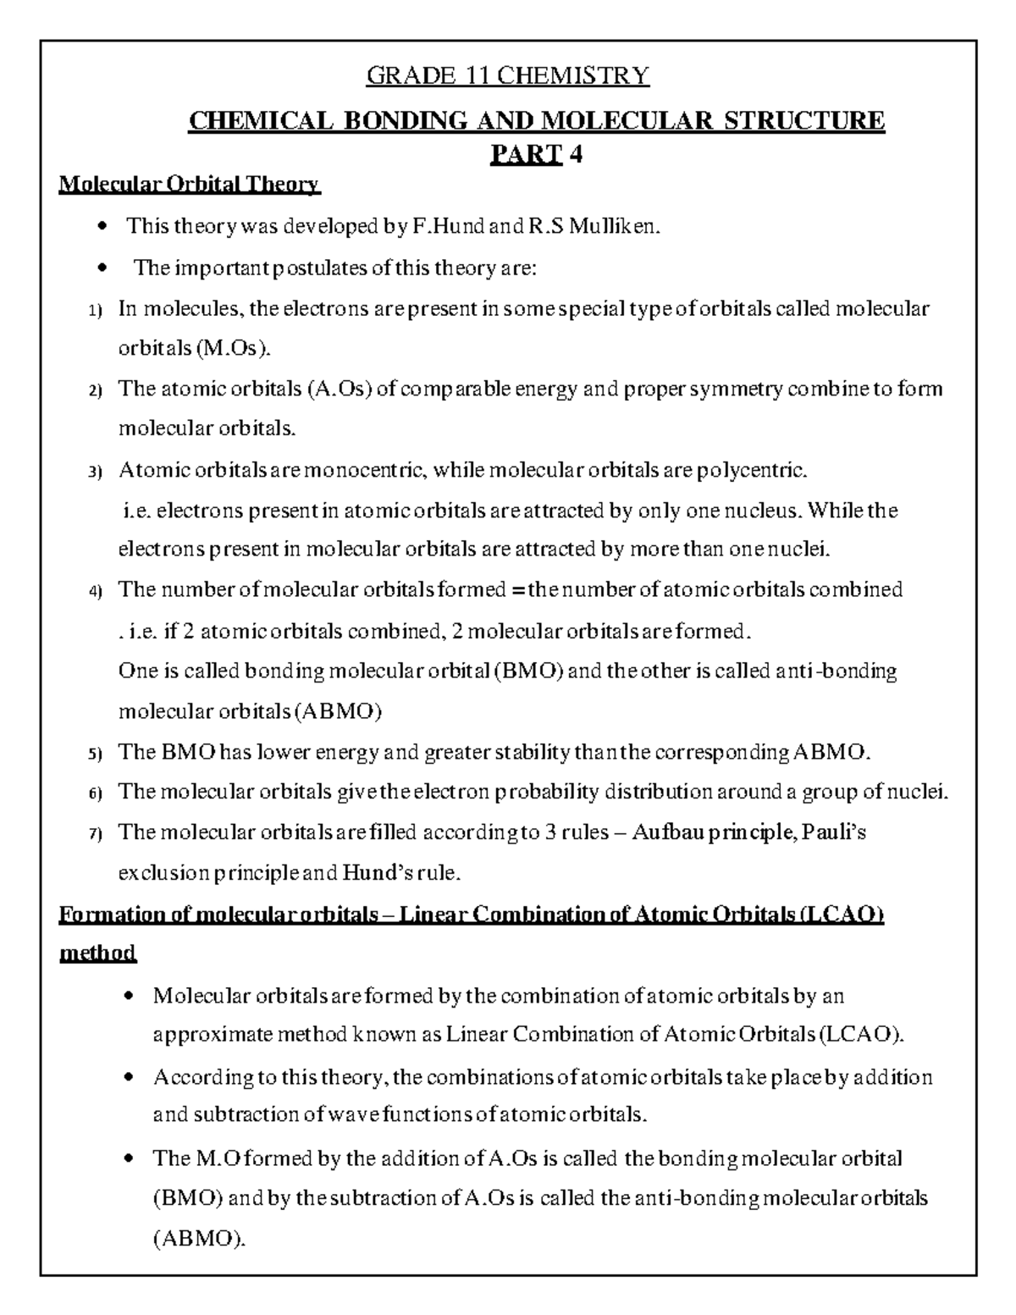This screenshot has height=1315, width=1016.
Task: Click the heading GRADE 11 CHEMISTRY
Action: click(507, 76)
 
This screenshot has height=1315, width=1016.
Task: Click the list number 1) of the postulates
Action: click(95, 310)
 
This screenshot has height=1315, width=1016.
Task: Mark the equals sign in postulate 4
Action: click(518, 589)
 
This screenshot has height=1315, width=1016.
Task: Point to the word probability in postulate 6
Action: click(545, 792)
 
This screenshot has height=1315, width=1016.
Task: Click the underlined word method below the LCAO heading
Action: click(97, 953)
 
